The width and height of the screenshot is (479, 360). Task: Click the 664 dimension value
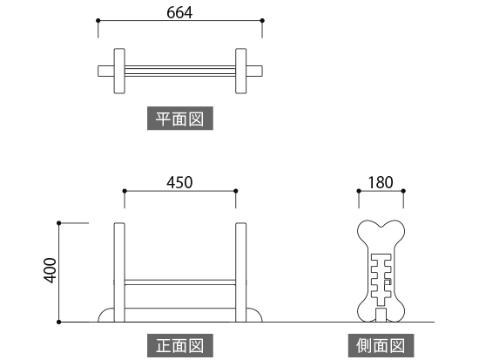(x=179, y=13)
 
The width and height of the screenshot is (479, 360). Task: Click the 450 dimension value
(x=179, y=182)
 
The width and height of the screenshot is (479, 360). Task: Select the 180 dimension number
(x=381, y=182)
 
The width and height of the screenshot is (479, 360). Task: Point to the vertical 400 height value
(x=51, y=270)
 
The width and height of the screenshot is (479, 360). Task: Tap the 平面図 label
(x=180, y=119)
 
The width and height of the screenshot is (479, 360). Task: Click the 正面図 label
(x=180, y=346)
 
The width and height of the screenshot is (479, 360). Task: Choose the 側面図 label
(x=381, y=346)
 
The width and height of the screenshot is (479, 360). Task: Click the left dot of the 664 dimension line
(x=98, y=21)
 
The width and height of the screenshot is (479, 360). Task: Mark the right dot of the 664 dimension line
(x=262, y=21)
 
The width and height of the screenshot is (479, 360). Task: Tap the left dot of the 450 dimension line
(x=125, y=191)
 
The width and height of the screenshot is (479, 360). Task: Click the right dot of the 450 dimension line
(x=235, y=191)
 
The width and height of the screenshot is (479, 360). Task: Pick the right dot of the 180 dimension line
(x=403, y=191)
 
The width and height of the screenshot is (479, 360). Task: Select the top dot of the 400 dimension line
(x=59, y=223)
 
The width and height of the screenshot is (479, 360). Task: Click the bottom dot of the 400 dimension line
(x=59, y=322)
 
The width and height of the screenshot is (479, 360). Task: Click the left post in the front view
(x=119, y=272)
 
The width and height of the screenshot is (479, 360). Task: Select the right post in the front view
(x=240, y=272)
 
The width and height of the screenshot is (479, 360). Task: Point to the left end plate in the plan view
(x=119, y=71)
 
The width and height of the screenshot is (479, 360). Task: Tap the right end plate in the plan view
(x=240, y=71)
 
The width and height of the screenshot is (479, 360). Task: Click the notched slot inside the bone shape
(x=381, y=280)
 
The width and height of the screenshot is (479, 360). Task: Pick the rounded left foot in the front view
(x=106, y=315)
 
